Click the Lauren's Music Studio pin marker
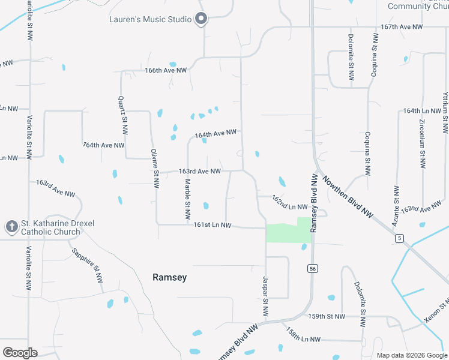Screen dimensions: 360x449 pyautogui.click(x=202, y=19)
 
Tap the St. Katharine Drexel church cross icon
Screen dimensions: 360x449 pyautogui.click(x=11, y=227)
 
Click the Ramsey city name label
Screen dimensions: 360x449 pyautogui.click(x=169, y=278)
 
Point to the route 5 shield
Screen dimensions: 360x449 pyautogui.click(x=399, y=238)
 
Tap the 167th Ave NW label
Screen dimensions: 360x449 pyautogui.click(x=402, y=27)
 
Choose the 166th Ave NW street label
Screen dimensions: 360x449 pyautogui.click(x=166, y=70)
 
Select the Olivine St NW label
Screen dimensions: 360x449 pyautogui.click(x=155, y=169)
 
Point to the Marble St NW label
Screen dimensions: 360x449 pyautogui.click(x=187, y=199)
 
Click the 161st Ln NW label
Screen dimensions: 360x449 pyautogui.click(x=212, y=225)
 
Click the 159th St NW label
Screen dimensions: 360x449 pyautogui.click(x=327, y=316)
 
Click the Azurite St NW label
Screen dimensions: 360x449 pyautogui.click(x=396, y=205)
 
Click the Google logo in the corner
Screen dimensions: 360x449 pyautogui.click(x=20, y=353)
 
